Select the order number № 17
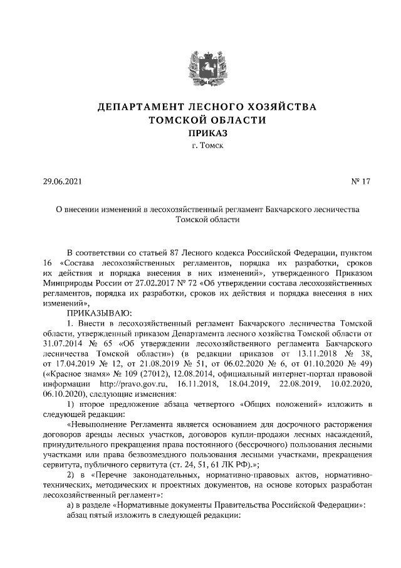click(361, 182)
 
